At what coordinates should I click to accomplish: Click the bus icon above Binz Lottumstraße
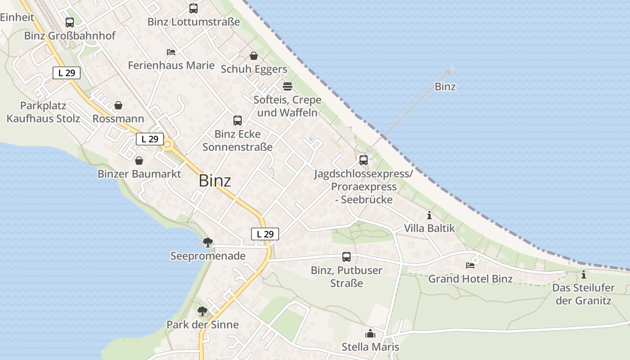click(x=193, y=8)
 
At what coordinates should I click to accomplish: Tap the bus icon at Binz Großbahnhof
click(x=70, y=22)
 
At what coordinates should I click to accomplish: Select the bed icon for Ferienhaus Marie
click(x=171, y=52)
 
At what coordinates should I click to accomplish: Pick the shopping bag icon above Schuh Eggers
click(x=254, y=56)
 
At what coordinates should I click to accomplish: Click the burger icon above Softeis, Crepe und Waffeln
click(x=287, y=86)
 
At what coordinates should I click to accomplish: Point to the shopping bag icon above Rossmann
click(x=118, y=105)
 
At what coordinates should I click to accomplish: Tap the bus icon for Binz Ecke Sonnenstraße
click(x=237, y=121)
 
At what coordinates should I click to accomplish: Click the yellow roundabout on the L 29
click(x=168, y=144)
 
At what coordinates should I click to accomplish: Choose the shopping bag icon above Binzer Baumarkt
click(x=139, y=161)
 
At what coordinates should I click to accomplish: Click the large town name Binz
click(x=215, y=181)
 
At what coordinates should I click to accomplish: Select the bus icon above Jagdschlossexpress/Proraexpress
click(x=363, y=160)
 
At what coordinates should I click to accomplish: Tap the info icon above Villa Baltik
click(x=429, y=215)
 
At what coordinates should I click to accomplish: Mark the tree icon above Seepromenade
click(x=207, y=243)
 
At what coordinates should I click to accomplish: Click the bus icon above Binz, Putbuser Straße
click(x=346, y=257)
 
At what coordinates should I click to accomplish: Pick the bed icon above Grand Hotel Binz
click(x=470, y=265)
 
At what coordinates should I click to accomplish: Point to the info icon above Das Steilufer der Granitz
click(x=584, y=274)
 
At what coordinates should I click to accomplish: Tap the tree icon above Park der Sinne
click(x=202, y=311)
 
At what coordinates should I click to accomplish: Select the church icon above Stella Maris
click(x=370, y=333)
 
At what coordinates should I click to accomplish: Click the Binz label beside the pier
click(x=445, y=86)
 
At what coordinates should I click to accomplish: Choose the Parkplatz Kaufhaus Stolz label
click(x=43, y=112)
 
